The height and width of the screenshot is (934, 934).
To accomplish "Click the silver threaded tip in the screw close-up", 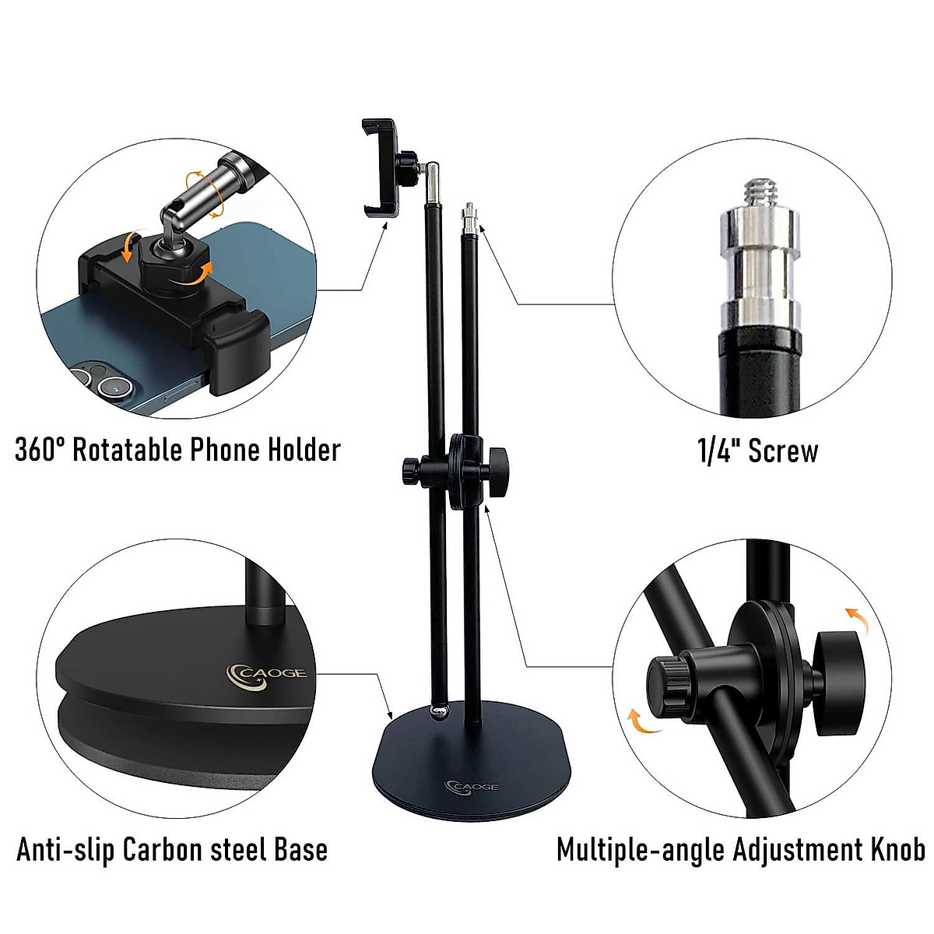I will [x=757, y=195].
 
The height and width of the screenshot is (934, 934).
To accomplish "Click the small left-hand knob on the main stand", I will [x=410, y=470].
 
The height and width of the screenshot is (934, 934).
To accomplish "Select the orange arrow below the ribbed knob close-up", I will [x=642, y=721].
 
